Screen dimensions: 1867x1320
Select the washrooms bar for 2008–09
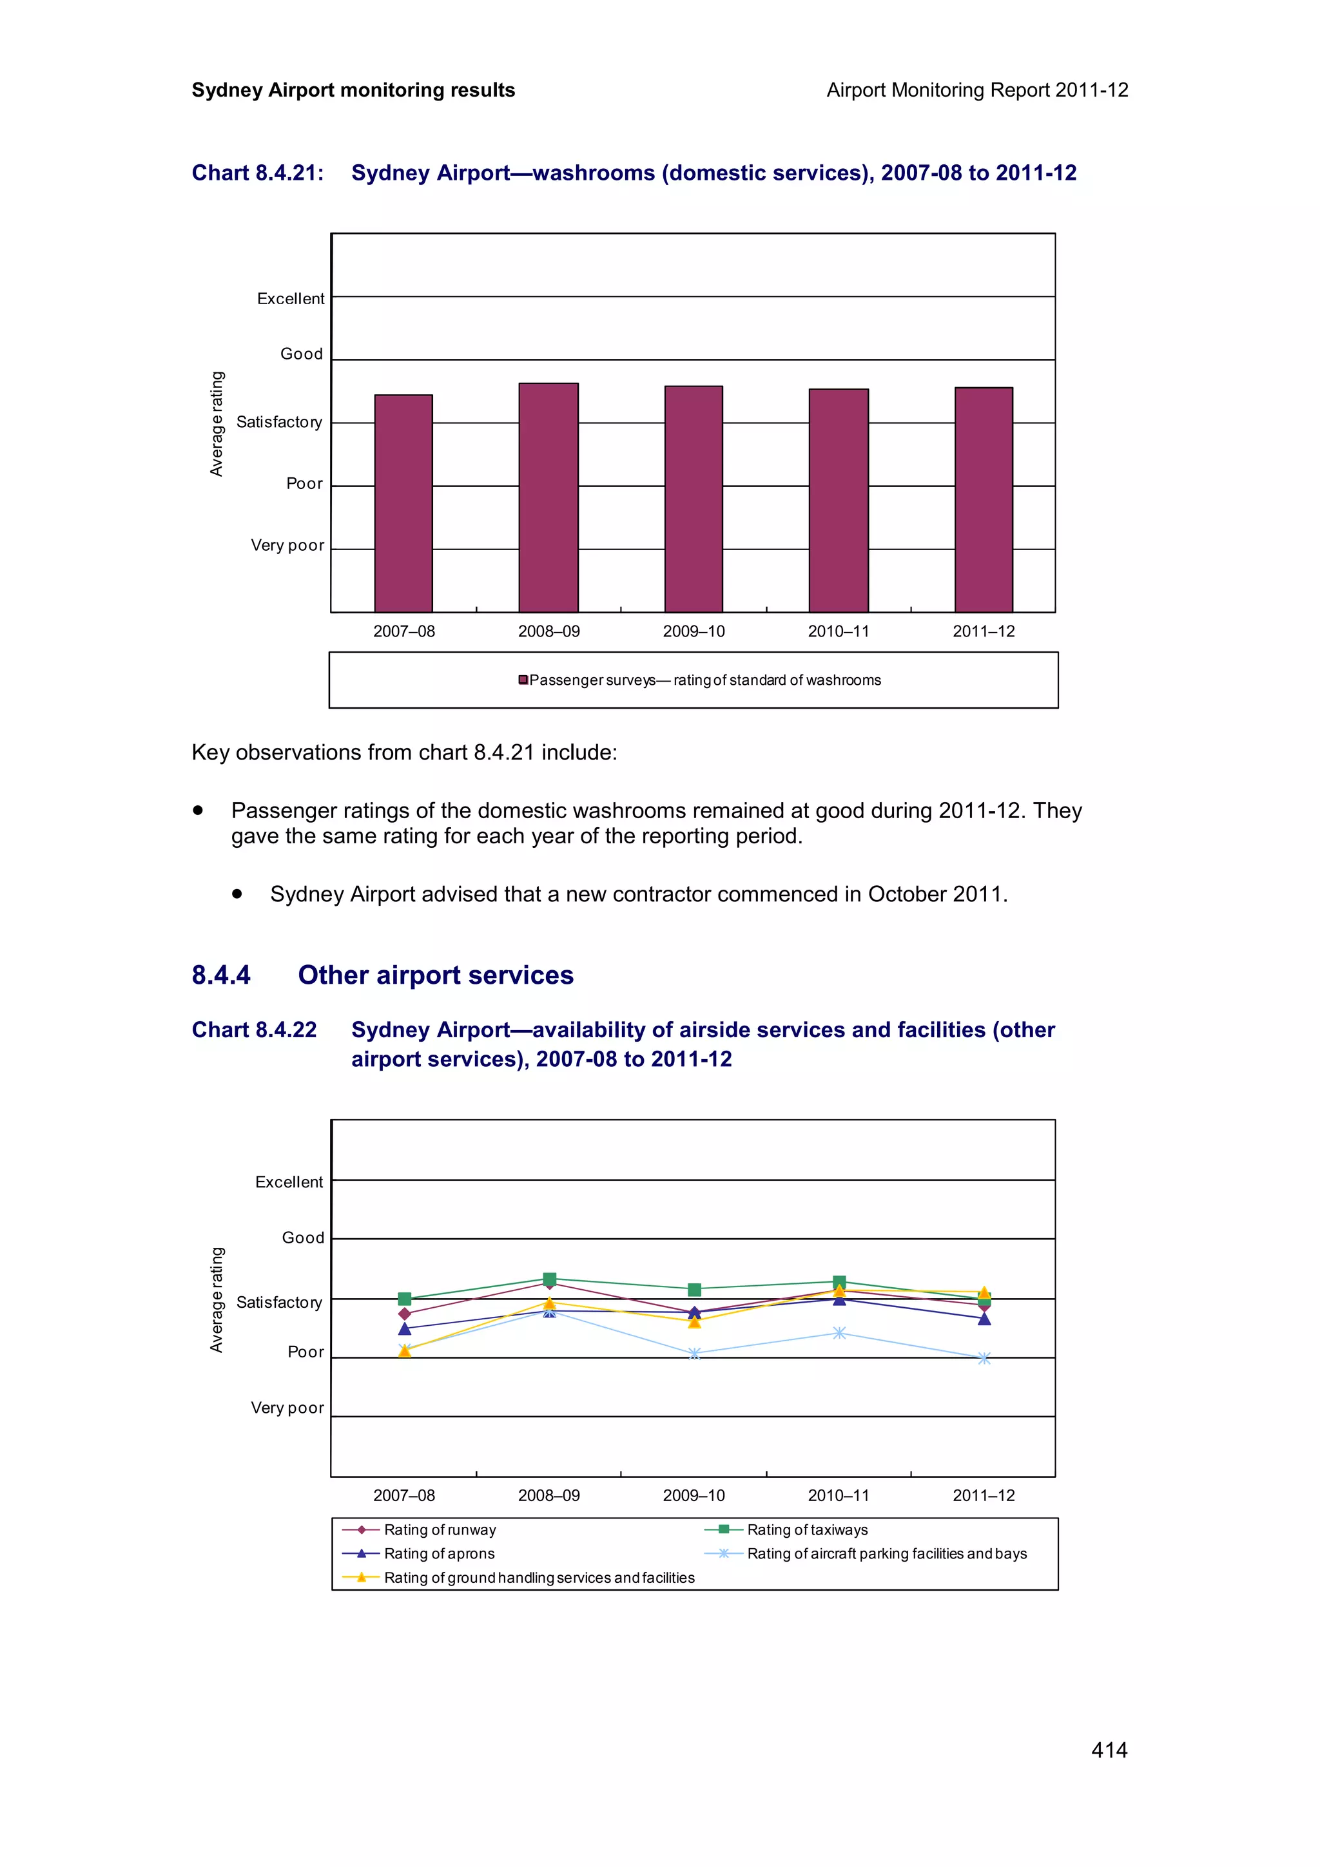(548, 497)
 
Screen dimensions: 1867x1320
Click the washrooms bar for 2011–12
(984, 499)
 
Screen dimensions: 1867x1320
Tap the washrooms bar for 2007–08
(403, 503)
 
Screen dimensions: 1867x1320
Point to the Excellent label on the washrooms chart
(290, 298)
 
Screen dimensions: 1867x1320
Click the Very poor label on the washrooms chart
(287, 546)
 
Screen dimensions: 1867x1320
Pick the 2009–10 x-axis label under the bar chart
(693, 631)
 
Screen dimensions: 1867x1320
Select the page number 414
(1109, 1750)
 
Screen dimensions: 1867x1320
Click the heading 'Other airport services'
(435, 975)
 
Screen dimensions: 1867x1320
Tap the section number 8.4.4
(221, 975)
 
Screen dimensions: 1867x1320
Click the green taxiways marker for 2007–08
(404, 1299)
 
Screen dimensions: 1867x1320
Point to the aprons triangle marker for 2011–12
(984, 1319)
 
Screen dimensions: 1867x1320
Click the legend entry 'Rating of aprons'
(438, 1553)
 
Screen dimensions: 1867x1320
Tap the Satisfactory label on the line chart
(279, 1303)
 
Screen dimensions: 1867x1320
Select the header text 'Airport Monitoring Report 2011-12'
(976, 90)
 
